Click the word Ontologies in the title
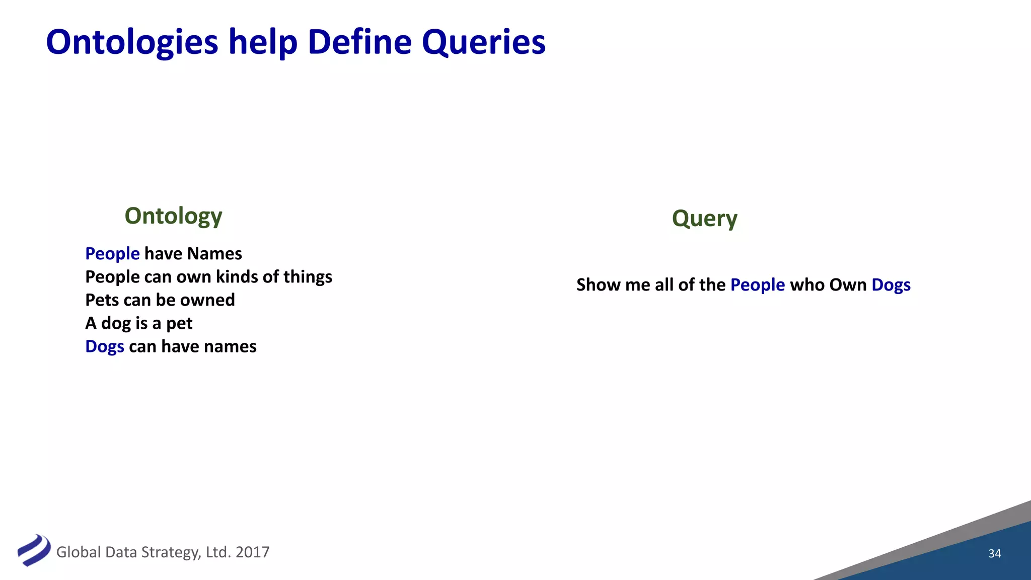pyautogui.click(x=132, y=42)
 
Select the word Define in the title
pyautogui.click(x=359, y=42)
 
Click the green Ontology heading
pyautogui.click(x=173, y=216)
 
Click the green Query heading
pyautogui.click(x=704, y=219)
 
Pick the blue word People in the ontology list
pyautogui.click(x=112, y=254)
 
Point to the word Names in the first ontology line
pyautogui.click(x=214, y=254)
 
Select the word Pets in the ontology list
pyautogui.click(x=102, y=300)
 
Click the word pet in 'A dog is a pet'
pyautogui.click(x=179, y=323)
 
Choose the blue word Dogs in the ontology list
pyautogui.click(x=105, y=346)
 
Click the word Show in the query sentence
pyautogui.click(x=598, y=285)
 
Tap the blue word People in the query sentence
pyautogui.click(x=757, y=285)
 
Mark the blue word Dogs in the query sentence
pyautogui.click(x=891, y=285)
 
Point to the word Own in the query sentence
pyautogui.click(x=847, y=285)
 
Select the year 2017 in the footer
pyautogui.click(x=252, y=552)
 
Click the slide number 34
pyautogui.click(x=994, y=553)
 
